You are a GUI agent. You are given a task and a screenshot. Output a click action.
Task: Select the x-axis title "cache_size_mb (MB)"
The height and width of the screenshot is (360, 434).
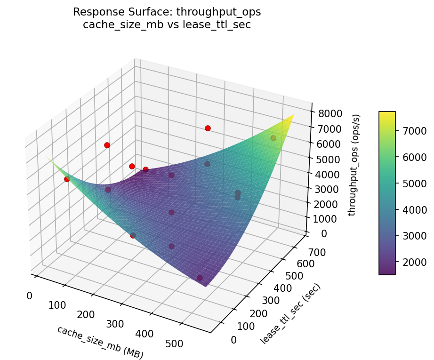100,342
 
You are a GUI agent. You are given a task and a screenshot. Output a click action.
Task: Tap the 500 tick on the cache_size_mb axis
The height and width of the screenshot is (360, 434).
174,344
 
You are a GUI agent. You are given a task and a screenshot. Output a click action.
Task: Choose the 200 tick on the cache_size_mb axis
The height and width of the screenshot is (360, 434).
86,315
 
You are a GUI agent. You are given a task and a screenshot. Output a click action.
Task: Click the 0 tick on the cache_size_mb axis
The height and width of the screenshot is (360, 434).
29,296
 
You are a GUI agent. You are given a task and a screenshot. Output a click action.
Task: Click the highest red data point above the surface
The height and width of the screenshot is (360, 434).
208,128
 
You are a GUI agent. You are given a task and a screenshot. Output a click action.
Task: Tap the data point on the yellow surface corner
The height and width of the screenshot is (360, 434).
273,138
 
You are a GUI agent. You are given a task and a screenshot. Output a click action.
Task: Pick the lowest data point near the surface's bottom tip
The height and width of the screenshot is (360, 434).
200,278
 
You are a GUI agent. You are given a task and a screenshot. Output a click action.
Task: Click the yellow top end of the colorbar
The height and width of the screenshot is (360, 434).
387,114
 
